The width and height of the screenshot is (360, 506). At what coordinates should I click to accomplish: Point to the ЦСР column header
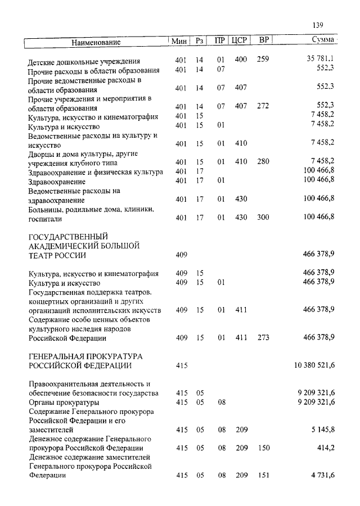point(240,40)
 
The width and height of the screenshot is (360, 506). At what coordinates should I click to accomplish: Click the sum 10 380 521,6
point(314,365)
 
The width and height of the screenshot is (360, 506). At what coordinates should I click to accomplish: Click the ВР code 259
point(263,60)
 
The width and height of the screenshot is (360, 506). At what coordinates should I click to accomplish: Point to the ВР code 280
point(263,162)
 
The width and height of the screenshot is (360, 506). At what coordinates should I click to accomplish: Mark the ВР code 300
point(263,217)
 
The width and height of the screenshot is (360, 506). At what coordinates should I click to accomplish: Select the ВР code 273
point(263,337)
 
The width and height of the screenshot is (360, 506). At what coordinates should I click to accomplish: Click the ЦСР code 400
point(241,60)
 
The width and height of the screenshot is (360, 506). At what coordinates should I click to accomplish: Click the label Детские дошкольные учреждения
point(84,61)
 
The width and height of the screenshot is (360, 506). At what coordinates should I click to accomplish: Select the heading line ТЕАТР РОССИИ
point(57,255)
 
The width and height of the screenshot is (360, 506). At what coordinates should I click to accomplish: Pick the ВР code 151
point(263,476)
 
